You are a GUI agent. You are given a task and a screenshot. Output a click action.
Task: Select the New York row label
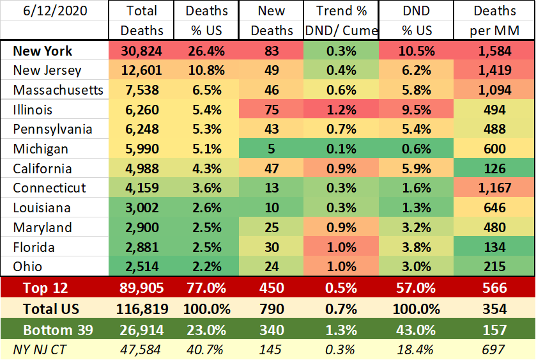(x=43, y=51)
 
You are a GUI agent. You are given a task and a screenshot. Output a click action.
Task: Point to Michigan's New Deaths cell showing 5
(x=276, y=150)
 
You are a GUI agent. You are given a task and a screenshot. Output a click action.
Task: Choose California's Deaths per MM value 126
(x=495, y=169)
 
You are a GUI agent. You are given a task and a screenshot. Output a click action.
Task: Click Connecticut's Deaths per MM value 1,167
(x=495, y=188)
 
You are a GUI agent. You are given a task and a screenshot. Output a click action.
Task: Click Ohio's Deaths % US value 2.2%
(x=207, y=267)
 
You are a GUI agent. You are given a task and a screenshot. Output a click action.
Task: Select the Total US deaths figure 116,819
(x=142, y=309)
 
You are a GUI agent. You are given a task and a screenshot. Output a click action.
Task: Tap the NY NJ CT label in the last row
(x=40, y=349)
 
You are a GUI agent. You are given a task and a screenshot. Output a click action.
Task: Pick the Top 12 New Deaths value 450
(x=276, y=288)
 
